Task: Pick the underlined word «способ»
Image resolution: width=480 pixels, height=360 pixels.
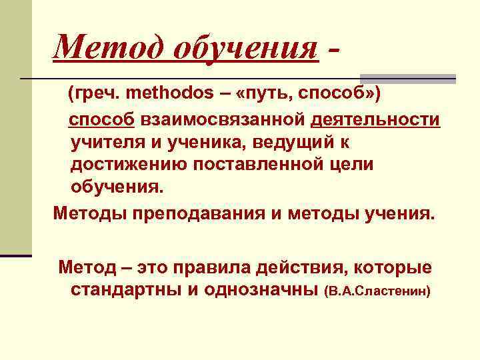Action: [103, 119]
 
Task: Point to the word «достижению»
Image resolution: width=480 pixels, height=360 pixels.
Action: [127, 164]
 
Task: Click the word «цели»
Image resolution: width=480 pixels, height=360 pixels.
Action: [351, 164]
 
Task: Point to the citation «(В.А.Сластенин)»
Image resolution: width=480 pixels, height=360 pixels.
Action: [377, 292]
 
